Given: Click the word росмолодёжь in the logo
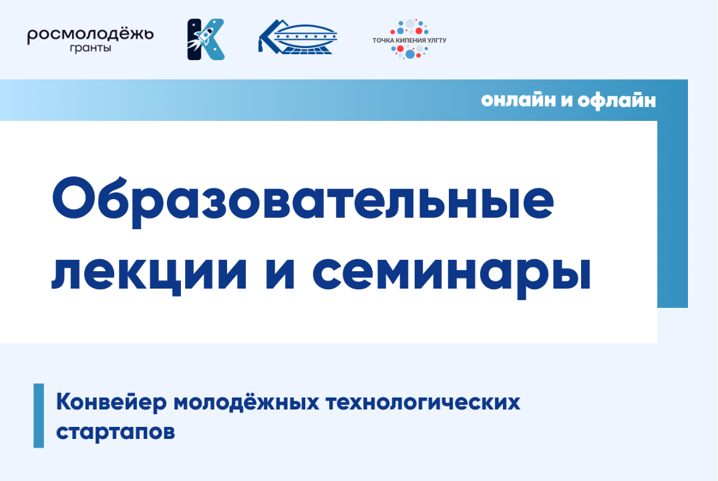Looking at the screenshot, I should point(90,34).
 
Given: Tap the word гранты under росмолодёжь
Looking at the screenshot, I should point(90,49).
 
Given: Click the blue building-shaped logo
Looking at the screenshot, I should point(298,36).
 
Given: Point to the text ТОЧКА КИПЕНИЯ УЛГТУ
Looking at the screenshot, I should point(409,41).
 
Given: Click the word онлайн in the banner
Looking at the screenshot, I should point(515,101).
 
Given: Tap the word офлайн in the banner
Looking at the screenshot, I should point(617,101).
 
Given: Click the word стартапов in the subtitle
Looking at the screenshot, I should point(116,431).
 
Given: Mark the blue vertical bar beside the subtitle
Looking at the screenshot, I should point(39,416).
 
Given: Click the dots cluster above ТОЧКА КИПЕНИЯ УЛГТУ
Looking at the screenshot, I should point(409,27).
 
